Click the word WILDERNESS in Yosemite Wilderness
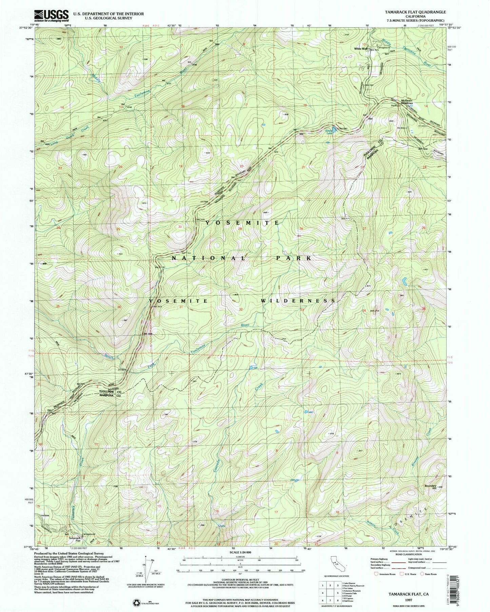(x=298, y=301)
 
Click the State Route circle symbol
(x=422, y=574)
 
